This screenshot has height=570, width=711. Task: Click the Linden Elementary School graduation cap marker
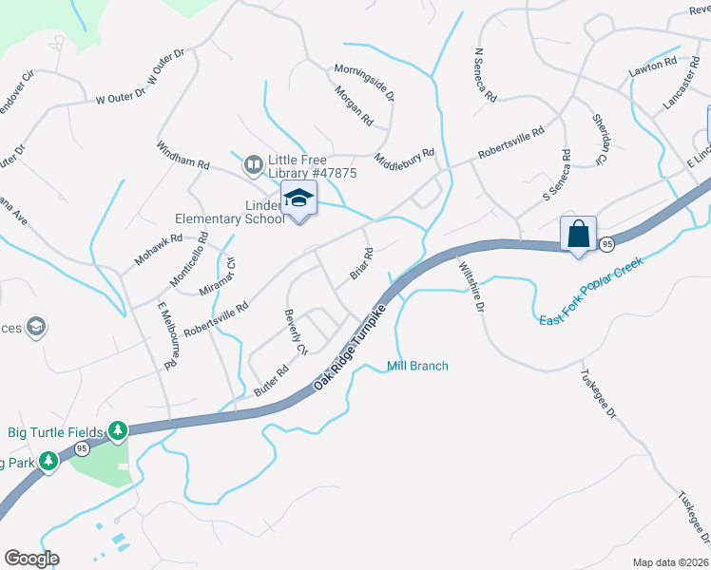[x=298, y=199]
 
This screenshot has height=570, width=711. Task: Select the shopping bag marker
[x=578, y=233]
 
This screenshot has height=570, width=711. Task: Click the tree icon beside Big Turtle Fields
[x=118, y=432]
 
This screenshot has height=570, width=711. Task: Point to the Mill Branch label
[x=417, y=366]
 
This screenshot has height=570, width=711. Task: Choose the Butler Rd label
[x=271, y=382]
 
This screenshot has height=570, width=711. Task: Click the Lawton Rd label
[x=651, y=68]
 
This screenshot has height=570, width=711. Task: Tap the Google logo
[x=31, y=559]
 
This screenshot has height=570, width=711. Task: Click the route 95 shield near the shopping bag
[x=605, y=245]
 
